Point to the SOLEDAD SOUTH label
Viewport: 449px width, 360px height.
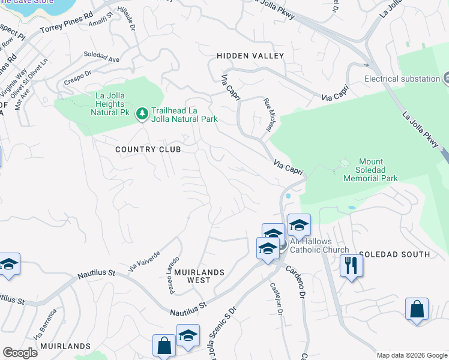tap(394, 254)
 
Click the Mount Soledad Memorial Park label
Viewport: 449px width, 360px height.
tap(370, 170)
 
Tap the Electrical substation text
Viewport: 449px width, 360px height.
tap(402, 79)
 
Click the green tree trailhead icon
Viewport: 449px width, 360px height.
tap(142, 112)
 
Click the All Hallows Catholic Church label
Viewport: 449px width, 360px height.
tap(319, 245)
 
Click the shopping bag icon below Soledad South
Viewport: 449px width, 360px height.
tap(416, 310)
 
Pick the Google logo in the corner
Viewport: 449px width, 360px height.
tap(20, 352)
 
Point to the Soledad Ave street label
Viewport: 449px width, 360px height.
tap(101, 59)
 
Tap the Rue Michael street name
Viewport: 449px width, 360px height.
tap(268, 113)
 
